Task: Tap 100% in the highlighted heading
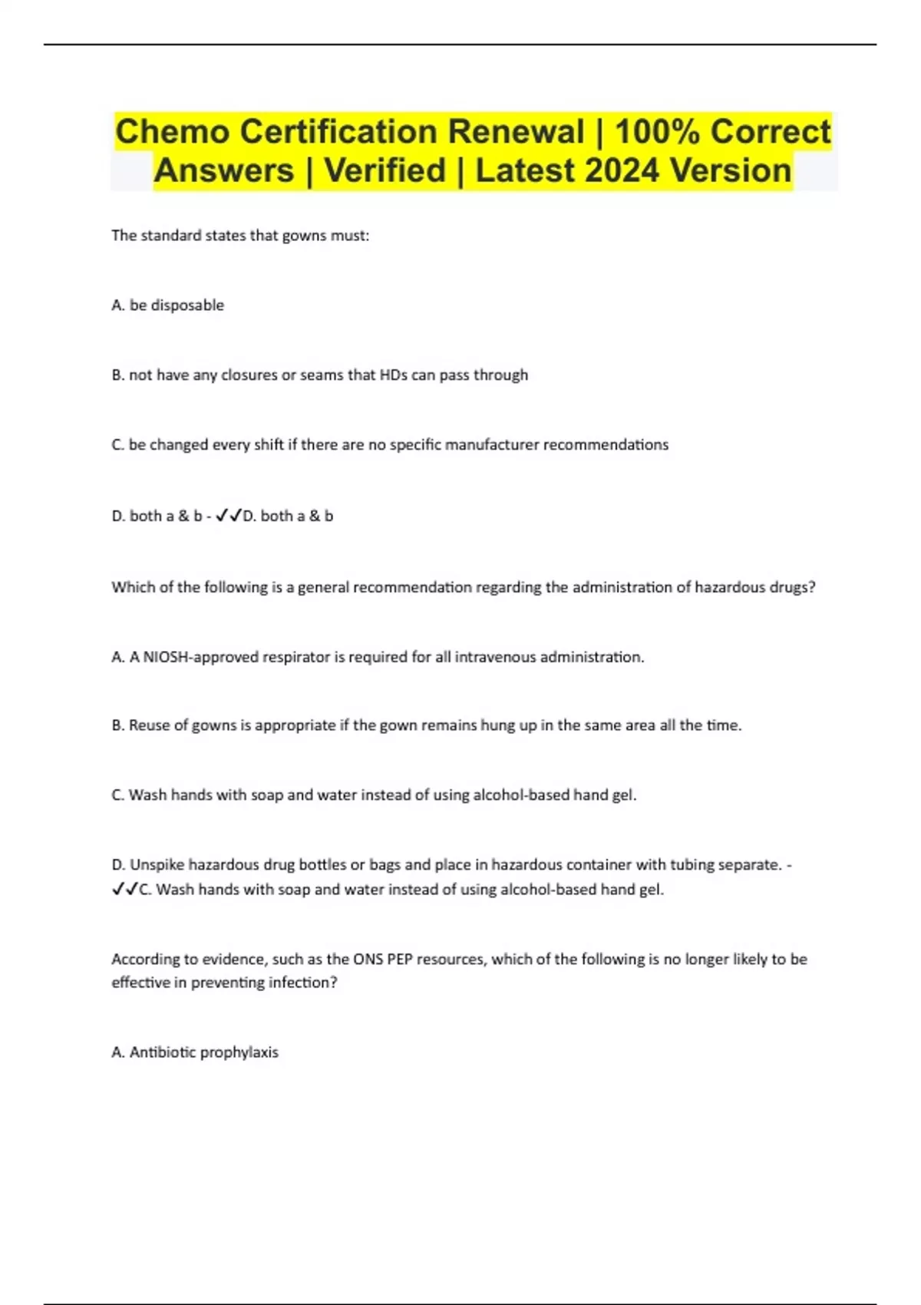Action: pyautogui.click(x=657, y=132)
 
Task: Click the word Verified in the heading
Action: pyautogui.click(x=385, y=170)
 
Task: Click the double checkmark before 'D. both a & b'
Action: pyautogui.click(x=229, y=516)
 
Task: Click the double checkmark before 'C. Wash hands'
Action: pyautogui.click(x=124, y=890)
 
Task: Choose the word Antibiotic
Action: pyautogui.click(x=163, y=1052)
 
